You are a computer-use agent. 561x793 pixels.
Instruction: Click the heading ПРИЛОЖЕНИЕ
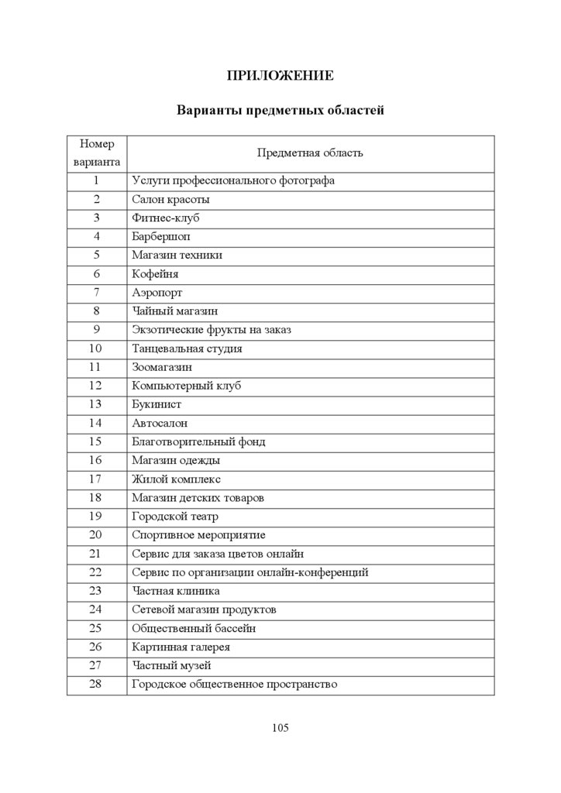[280, 75]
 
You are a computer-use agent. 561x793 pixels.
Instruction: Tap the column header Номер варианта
[96, 153]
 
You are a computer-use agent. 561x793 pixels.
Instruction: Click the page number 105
[280, 727]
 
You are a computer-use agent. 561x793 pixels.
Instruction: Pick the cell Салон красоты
[170, 199]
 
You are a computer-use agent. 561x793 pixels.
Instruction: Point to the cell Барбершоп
[161, 236]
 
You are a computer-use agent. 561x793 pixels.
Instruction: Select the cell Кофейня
[156, 273]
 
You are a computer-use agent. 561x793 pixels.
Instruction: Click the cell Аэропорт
[158, 292]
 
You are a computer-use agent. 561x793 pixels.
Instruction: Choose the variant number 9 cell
[96, 329]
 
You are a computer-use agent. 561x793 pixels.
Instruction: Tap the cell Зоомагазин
[162, 366]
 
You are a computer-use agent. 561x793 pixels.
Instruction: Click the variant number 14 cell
[96, 423]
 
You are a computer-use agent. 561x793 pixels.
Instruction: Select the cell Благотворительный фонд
[198, 441]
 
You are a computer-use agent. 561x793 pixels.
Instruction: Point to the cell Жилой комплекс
[170, 479]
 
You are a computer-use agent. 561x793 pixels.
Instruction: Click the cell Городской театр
[175, 516]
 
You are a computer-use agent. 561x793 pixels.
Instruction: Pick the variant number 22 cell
[96, 572]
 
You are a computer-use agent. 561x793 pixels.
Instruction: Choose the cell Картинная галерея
[181, 647]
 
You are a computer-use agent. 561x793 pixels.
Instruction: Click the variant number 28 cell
[96, 684]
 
